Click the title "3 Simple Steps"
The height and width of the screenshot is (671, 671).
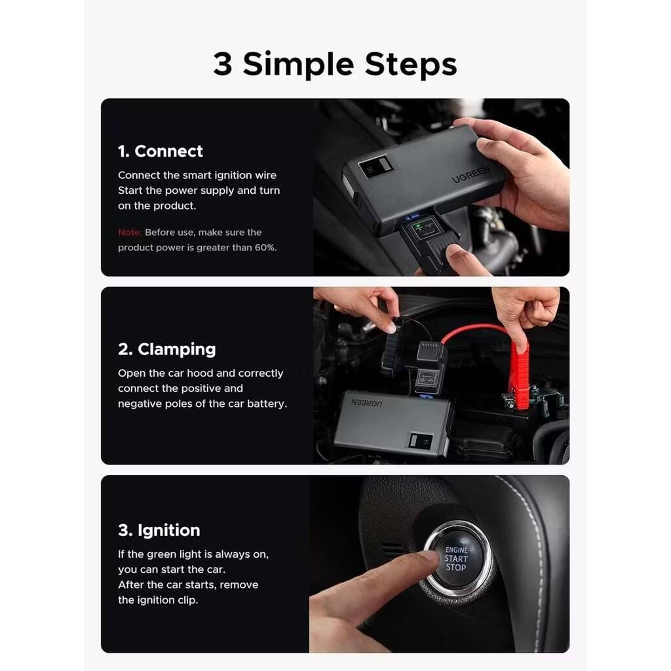[335, 64]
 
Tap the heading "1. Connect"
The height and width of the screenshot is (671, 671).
[161, 151]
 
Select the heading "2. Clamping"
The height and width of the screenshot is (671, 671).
[167, 350]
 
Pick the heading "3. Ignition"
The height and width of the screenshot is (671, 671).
[159, 531]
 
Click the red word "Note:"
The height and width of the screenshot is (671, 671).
[130, 233]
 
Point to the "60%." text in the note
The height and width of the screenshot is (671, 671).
[266, 247]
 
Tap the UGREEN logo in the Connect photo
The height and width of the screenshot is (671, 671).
[470, 174]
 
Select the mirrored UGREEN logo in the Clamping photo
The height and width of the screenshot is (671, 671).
[367, 403]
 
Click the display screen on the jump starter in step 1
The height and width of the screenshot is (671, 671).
[375, 167]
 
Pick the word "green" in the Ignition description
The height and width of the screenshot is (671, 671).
[162, 555]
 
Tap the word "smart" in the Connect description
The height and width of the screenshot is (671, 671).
[197, 176]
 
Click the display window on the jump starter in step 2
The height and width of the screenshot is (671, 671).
[421, 441]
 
